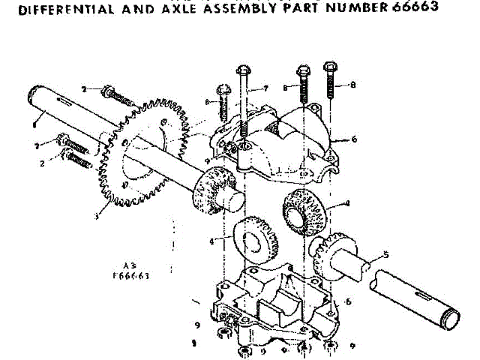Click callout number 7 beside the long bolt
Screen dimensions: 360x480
265,88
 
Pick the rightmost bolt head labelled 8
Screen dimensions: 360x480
329,69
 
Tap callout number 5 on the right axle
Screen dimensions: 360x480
385,254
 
